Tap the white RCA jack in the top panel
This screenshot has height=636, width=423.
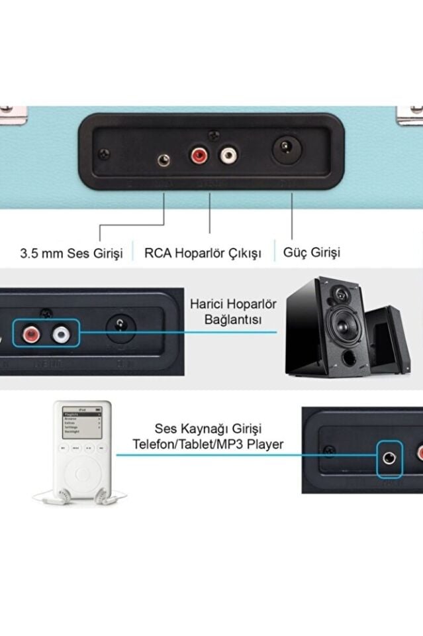(x=228, y=157)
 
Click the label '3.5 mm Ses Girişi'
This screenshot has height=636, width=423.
(x=71, y=253)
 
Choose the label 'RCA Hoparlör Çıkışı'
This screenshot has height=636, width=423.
(x=203, y=253)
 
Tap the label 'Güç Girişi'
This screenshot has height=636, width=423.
(x=312, y=252)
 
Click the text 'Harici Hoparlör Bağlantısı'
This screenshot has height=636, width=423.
(x=233, y=312)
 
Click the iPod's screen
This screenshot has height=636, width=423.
(x=81, y=422)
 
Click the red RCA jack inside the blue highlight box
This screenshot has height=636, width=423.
(x=31, y=333)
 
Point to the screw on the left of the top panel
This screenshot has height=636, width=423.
(x=103, y=154)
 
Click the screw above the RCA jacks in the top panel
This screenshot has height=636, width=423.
(x=213, y=134)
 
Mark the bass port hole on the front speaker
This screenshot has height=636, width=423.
(x=349, y=359)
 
